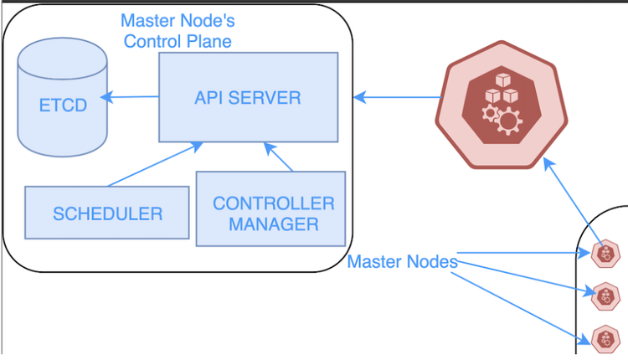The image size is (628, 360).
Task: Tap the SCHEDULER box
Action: click(x=108, y=213)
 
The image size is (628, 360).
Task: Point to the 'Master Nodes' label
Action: click(x=402, y=261)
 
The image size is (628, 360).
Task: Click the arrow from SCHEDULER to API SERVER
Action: click(x=155, y=164)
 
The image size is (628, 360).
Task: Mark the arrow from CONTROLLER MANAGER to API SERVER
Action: click(x=279, y=157)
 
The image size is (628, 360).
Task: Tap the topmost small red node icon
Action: click(x=604, y=252)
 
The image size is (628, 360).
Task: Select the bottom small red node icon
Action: click(x=604, y=338)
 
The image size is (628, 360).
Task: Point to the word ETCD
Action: click(x=63, y=107)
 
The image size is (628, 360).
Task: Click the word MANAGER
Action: click(x=274, y=224)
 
